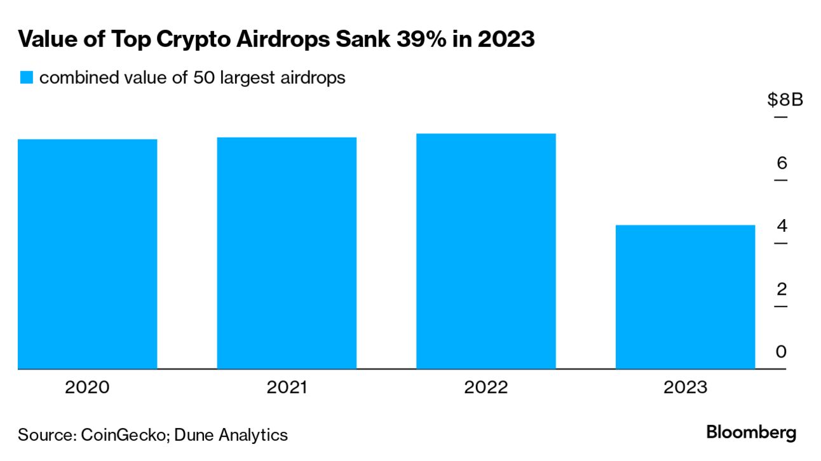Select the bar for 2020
[x=87, y=254]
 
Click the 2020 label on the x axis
[x=87, y=387]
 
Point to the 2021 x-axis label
[x=287, y=387]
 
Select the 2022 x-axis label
[x=486, y=387]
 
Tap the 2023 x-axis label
[x=685, y=387]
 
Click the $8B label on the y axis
[x=785, y=100]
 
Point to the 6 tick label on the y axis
[x=782, y=163]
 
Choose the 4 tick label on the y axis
[x=782, y=226]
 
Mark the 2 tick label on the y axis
[x=782, y=289]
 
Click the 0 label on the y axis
[x=782, y=352]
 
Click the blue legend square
[x=25, y=78]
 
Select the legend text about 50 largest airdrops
[x=192, y=78]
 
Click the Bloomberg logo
[x=750, y=433]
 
